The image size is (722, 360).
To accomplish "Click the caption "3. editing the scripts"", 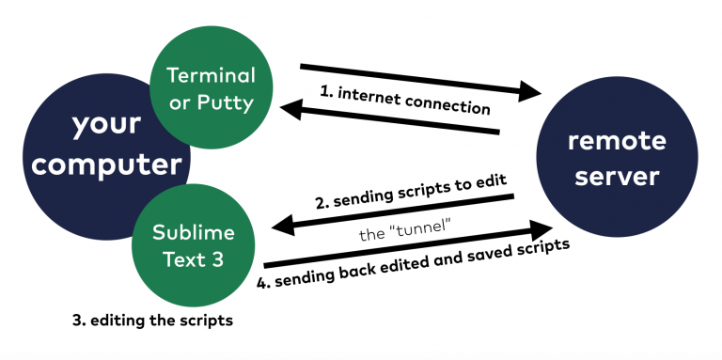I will tap(152, 320).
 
